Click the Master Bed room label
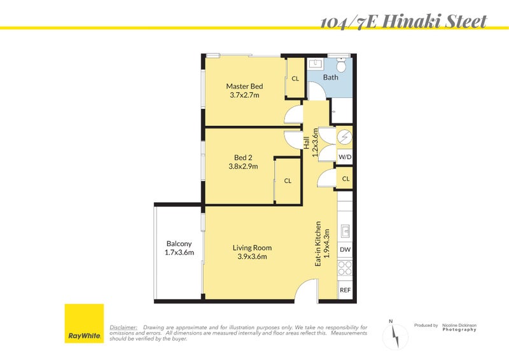tap(244, 90)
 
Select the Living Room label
tap(252, 252)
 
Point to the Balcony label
tap(179, 247)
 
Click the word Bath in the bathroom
tap(331, 78)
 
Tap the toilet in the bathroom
tap(342, 64)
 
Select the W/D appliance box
tap(345, 156)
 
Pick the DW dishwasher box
tap(345, 250)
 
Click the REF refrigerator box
tap(345, 290)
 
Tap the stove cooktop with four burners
tap(345, 269)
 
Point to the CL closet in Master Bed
tap(295, 78)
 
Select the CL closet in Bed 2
tap(288, 181)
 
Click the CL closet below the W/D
tap(345, 179)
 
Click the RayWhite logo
tap(85, 324)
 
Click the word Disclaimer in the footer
tap(123, 328)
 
